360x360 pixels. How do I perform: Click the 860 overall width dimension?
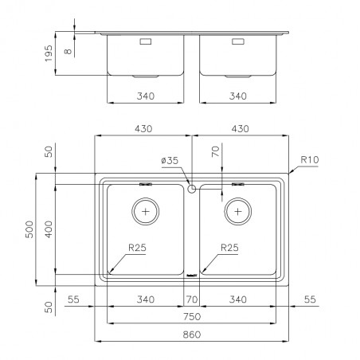pyautogui.click(x=192, y=335)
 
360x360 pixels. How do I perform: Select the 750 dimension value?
pyautogui.click(x=192, y=317)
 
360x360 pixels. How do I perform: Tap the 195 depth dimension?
pyautogui.click(x=49, y=53)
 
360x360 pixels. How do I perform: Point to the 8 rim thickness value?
pyautogui.click(x=68, y=51)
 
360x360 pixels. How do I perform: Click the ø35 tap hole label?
pyautogui.click(x=170, y=160)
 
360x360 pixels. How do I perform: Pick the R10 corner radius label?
pyautogui.click(x=310, y=159)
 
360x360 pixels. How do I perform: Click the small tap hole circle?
pyautogui.click(x=191, y=189)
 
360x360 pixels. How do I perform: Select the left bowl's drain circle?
pyautogui.click(x=146, y=212)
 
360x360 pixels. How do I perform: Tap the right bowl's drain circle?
pyautogui.click(x=238, y=212)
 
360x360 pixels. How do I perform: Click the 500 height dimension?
pyautogui.click(x=29, y=229)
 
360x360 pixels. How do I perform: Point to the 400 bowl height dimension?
pyautogui.click(x=49, y=229)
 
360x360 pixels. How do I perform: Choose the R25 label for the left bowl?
pyautogui.click(x=137, y=248)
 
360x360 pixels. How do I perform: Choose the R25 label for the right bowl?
pyautogui.click(x=229, y=248)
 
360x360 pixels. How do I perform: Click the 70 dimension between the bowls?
pyautogui.click(x=192, y=299)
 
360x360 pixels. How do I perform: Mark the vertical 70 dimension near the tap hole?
pyautogui.click(x=216, y=151)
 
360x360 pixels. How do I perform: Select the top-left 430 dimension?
pyautogui.click(x=143, y=129)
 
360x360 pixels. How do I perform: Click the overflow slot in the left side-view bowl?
pyautogui.click(x=146, y=41)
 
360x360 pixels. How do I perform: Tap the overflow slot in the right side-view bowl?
pyautogui.click(x=238, y=41)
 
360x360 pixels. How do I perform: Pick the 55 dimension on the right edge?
pyautogui.click(x=310, y=299)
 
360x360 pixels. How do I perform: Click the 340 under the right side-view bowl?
pyautogui.click(x=238, y=96)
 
